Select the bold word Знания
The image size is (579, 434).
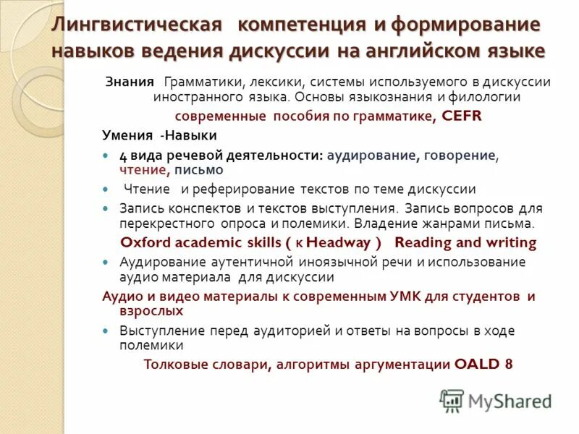point(130,82)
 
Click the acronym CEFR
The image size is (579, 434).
point(457,116)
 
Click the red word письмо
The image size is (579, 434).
point(198,170)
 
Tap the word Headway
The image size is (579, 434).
point(342,242)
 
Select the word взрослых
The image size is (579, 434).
point(151,310)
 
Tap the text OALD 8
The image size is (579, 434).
point(483,364)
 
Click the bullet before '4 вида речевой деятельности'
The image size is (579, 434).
point(105,156)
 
